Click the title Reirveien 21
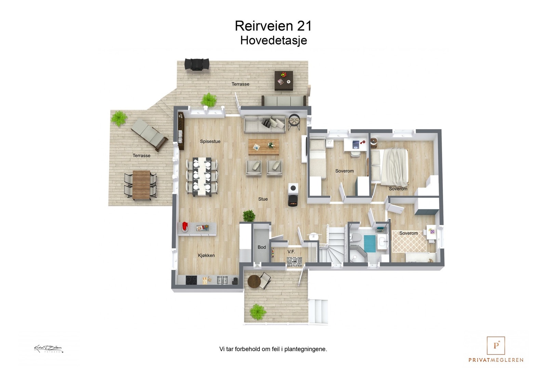pyautogui.click(x=273, y=26)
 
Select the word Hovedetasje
pyautogui.click(x=273, y=40)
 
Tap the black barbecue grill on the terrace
pyautogui.click(x=197, y=64)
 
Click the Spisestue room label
pyautogui.click(x=210, y=142)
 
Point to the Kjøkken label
pyautogui.click(x=206, y=255)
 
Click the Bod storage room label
pyautogui.click(x=262, y=247)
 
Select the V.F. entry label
pyautogui.click(x=291, y=252)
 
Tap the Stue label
pyautogui.click(x=263, y=199)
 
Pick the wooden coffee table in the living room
pyautogui.click(x=264, y=146)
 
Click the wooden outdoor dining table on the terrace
pyautogui.click(x=141, y=185)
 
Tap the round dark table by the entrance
pyautogui.click(x=254, y=282)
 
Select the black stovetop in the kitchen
pyautogui.click(x=191, y=280)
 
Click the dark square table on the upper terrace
pyautogui.click(x=284, y=81)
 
